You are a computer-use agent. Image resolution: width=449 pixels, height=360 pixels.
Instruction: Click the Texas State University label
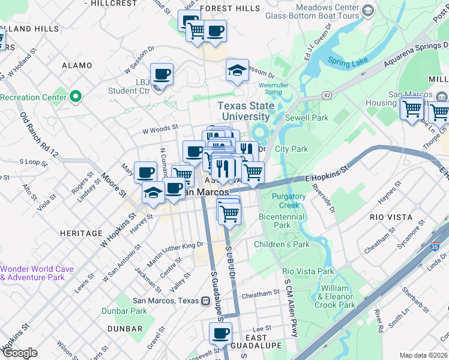(246, 112)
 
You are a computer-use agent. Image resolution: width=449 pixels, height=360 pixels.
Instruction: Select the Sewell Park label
(302, 118)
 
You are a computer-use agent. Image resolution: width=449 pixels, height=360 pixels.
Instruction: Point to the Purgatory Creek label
(289, 200)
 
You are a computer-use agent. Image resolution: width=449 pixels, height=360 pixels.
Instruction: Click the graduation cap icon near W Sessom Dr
(237, 70)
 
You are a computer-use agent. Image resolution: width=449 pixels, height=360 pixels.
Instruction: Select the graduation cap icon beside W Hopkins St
(153, 193)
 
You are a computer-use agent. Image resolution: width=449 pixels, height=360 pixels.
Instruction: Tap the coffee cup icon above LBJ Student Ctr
(161, 74)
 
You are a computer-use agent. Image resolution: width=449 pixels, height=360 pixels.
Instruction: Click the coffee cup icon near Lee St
(220, 334)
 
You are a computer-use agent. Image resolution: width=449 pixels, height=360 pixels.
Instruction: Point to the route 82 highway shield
(327, 95)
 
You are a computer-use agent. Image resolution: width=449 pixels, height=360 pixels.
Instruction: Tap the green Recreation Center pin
(76, 96)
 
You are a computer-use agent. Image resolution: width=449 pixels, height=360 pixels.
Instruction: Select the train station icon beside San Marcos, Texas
(205, 301)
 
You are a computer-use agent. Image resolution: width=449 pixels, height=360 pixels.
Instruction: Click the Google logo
(19, 353)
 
